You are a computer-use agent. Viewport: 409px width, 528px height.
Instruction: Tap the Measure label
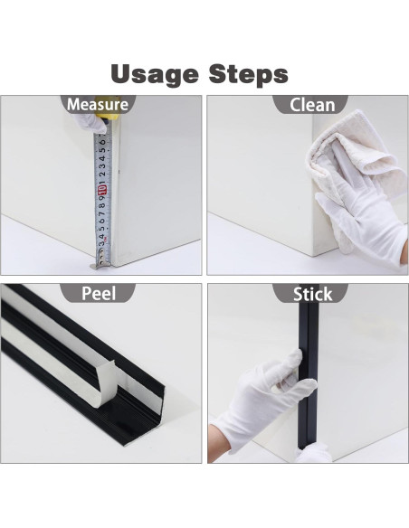[97, 105]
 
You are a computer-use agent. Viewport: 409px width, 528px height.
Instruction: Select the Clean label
[312, 105]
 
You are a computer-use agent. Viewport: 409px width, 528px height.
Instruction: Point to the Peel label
[99, 294]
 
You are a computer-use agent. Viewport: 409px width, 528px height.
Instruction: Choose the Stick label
[312, 294]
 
